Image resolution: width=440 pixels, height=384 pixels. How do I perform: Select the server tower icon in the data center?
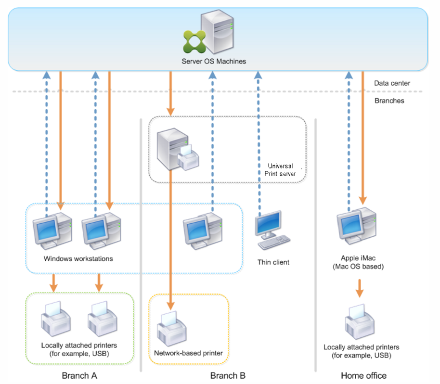(x=217, y=32)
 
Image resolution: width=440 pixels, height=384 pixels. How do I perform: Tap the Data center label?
(x=392, y=83)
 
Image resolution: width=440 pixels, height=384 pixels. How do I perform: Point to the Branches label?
(x=389, y=101)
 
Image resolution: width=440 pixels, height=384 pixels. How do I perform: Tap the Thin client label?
(x=273, y=262)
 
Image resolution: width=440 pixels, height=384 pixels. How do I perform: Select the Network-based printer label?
(x=188, y=353)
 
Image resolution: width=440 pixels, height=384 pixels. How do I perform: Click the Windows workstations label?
(x=78, y=258)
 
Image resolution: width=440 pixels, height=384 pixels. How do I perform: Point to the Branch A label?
(x=79, y=375)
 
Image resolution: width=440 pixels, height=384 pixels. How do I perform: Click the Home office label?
(x=363, y=375)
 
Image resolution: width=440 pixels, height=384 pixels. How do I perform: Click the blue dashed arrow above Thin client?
(x=258, y=144)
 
